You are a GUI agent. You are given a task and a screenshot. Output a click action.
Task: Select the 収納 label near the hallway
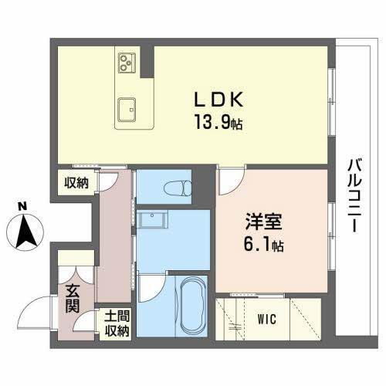75,183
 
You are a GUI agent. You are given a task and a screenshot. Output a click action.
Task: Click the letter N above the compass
23,205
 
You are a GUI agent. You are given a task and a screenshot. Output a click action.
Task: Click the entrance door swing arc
32,310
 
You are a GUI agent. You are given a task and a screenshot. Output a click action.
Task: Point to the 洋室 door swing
229,182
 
